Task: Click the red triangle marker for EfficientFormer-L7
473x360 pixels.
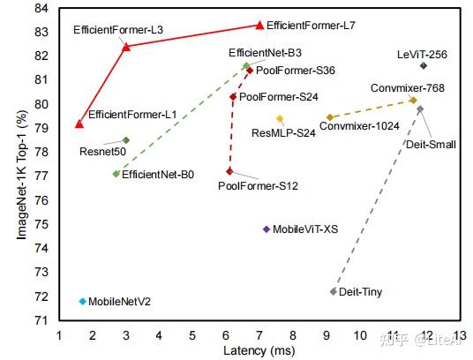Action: click(x=259, y=26)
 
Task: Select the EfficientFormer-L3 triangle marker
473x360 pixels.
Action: click(x=126, y=46)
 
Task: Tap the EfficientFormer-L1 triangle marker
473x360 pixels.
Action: click(x=79, y=124)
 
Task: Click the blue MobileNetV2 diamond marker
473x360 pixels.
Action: click(x=82, y=301)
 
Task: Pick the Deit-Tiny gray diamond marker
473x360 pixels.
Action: click(x=333, y=291)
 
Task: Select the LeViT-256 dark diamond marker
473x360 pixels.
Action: click(x=424, y=65)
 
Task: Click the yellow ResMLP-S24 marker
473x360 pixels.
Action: click(x=280, y=118)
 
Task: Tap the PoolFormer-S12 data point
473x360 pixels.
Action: click(x=229, y=170)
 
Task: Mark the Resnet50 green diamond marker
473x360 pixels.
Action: click(x=126, y=139)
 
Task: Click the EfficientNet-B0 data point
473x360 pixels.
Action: click(x=116, y=174)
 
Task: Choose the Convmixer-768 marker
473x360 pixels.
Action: click(x=413, y=100)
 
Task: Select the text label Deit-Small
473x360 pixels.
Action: click(x=430, y=143)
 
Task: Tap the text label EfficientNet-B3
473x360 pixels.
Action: click(x=264, y=54)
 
